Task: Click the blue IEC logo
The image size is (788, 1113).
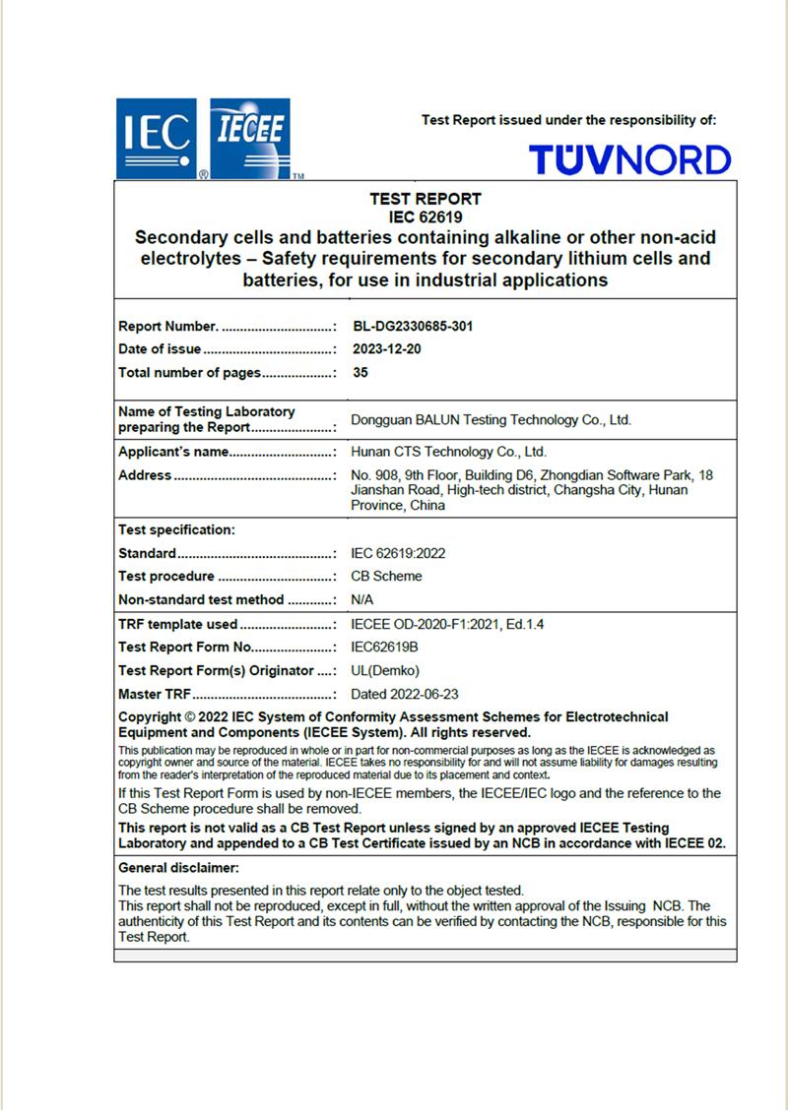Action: point(157,139)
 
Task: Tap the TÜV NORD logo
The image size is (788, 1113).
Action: point(629,159)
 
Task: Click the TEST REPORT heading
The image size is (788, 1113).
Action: point(426,199)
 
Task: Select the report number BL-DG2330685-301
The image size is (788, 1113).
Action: point(412,326)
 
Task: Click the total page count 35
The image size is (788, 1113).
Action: point(360,373)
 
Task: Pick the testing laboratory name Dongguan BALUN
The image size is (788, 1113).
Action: point(491,420)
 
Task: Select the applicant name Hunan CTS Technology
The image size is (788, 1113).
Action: point(448,453)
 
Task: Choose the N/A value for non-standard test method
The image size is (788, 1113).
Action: point(362,599)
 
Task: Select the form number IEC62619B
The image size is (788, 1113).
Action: point(385,648)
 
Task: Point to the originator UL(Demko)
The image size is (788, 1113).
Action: point(385,671)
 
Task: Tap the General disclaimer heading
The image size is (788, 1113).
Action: point(178,868)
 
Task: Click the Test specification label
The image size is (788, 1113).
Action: point(176,529)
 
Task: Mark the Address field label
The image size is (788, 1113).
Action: point(145,475)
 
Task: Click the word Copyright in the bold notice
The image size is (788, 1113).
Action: point(150,717)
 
